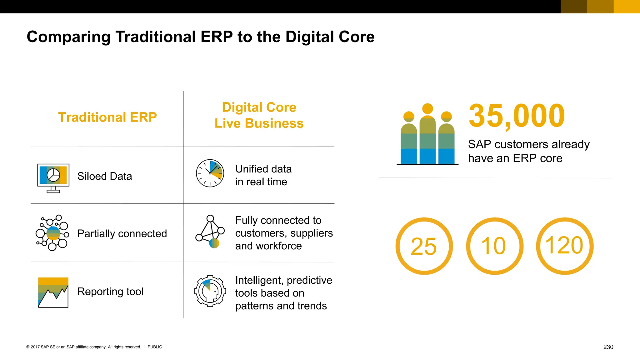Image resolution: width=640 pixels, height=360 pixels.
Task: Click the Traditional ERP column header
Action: coord(107,117)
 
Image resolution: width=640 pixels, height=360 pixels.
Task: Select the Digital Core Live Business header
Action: coord(259,115)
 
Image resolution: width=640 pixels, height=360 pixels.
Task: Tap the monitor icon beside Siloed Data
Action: coord(53,177)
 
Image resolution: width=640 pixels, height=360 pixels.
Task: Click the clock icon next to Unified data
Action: coord(210,173)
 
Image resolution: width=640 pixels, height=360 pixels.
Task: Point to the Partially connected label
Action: coord(122,233)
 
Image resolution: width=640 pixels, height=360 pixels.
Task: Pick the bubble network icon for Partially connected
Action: coord(52,233)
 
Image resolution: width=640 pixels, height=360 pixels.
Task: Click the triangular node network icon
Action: coord(210,232)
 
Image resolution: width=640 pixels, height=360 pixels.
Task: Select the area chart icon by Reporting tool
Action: coord(53,292)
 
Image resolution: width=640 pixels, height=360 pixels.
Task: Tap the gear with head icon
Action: coord(210,291)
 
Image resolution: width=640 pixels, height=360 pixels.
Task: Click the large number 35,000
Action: coord(517,116)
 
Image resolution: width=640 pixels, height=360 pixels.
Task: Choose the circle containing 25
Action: coord(424,246)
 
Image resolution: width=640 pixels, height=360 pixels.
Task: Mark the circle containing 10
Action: coord(494,246)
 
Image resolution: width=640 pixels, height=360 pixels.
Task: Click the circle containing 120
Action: coord(565,246)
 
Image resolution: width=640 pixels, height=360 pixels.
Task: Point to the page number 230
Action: coord(608,347)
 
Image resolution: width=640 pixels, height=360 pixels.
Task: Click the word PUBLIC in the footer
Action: coord(155,347)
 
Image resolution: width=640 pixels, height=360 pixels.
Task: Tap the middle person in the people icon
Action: coord(427,134)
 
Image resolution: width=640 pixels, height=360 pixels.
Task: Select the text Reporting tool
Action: coord(110,291)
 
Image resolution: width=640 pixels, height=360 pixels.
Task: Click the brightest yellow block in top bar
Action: coord(627,7)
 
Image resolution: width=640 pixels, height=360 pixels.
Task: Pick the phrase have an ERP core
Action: coord(515,158)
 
